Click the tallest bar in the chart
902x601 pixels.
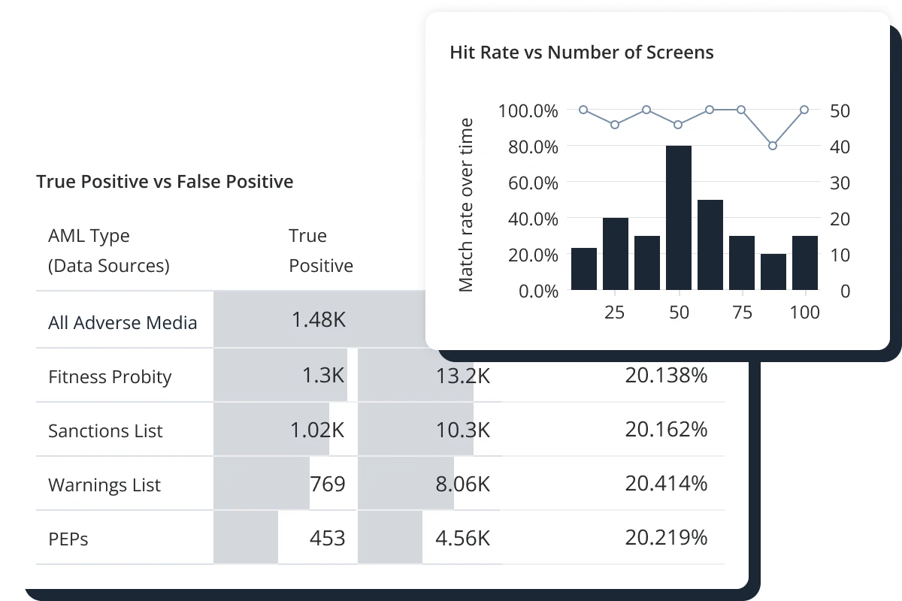(x=679, y=218)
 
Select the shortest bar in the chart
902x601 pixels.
(x=773, y=272)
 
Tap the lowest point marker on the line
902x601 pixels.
(x=773, y=145)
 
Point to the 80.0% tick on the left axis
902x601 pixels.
(x=528, y=146)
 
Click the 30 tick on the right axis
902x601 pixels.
(x=840, y=183)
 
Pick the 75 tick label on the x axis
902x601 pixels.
(x=742, y=313)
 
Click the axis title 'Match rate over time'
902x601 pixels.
(x=467, y=204)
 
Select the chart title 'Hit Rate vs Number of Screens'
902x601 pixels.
(x=581, y=53)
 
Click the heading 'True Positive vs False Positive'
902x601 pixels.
(x=165, y=182)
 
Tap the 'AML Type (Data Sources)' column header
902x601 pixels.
(x=108, y=251)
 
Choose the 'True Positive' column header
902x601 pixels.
(x=321, y=251)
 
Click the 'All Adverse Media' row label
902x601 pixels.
(x=123, y=323)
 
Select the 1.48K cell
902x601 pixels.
(x=319, y=320)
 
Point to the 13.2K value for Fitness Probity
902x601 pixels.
(x=463, y=376)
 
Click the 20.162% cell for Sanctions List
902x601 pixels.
(x=666, y=430)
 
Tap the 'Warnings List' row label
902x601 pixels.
(x=104, y=485)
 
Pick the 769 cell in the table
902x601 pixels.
(x=328, y=484)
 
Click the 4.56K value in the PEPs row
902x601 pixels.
(x=463, y=538)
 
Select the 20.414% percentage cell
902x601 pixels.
(x=666, y=484)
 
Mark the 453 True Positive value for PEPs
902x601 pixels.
(x=328, y=538)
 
